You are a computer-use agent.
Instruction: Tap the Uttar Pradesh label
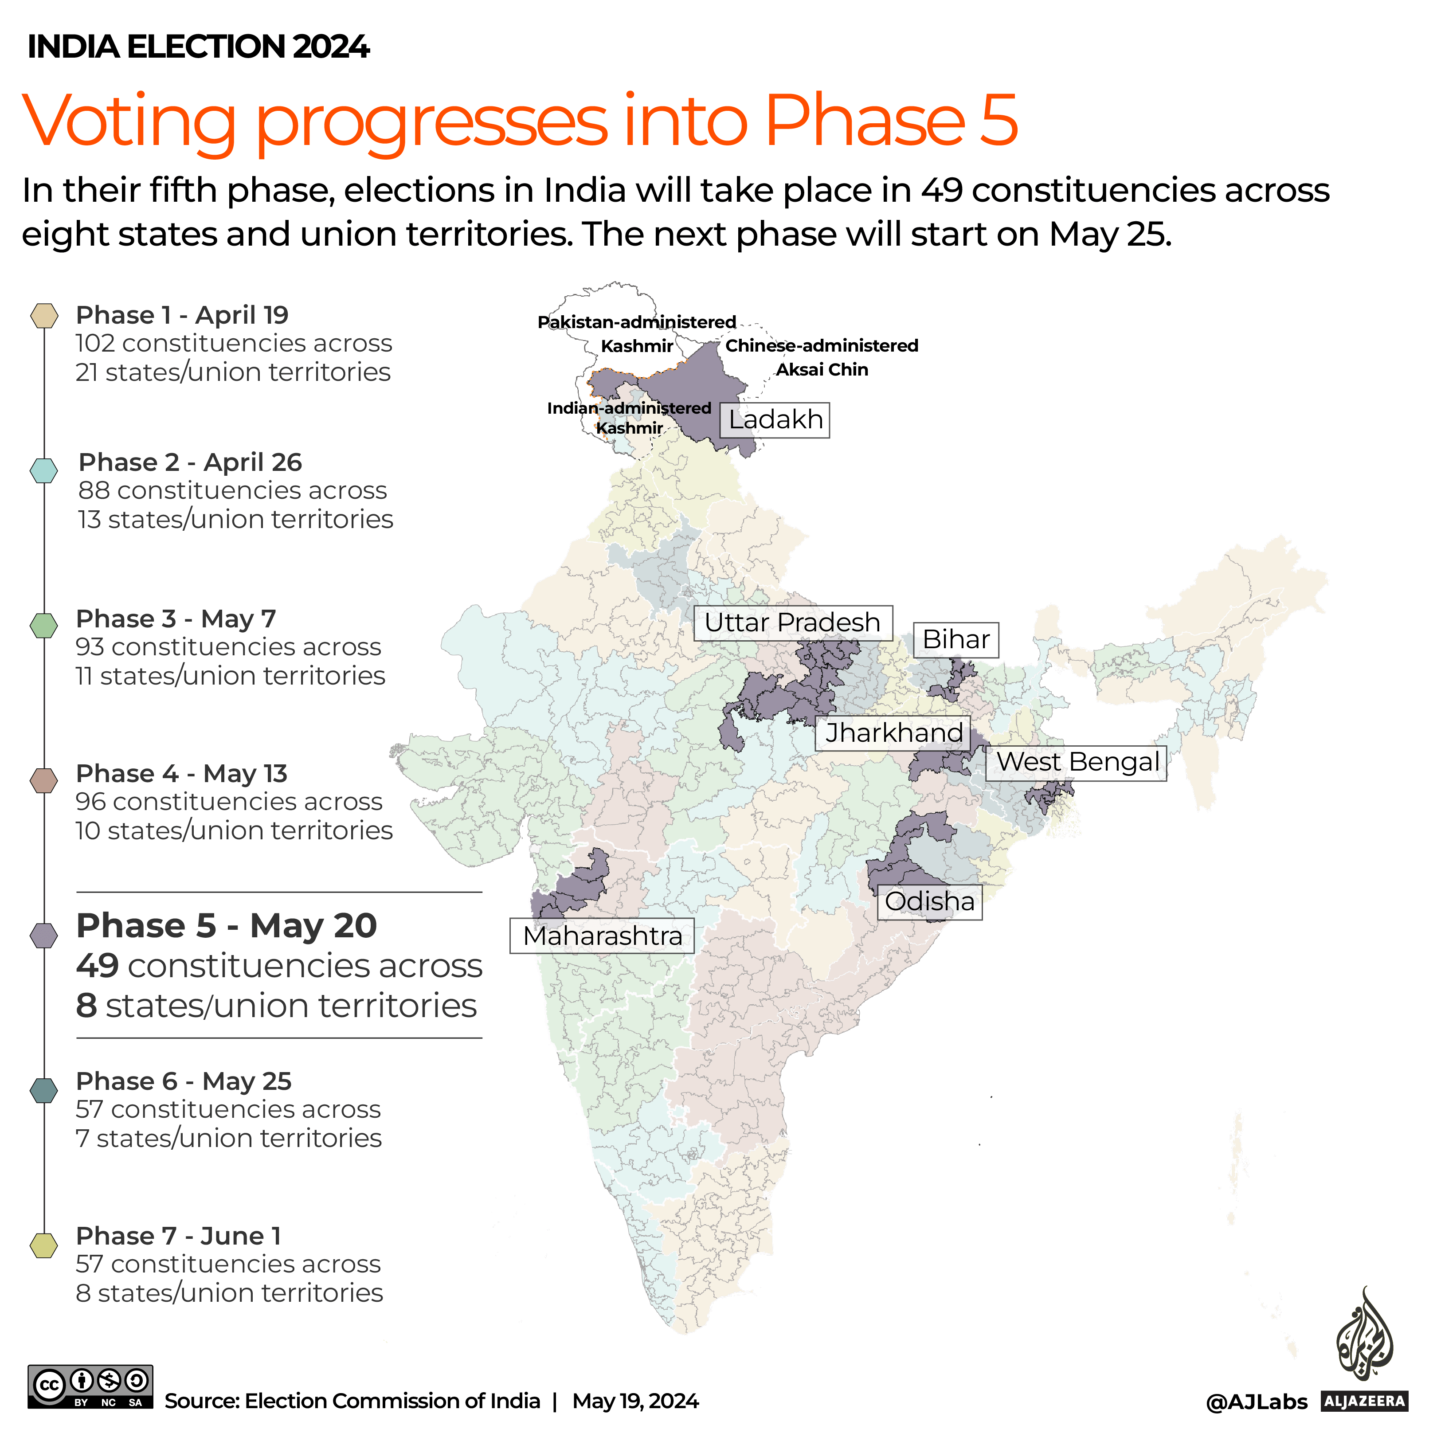click(x=793, y=623)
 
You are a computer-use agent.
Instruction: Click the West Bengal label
click(x=1076, y=762)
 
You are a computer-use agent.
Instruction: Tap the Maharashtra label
click(x=602, y=936)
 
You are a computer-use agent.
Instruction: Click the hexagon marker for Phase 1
click(x=44, y=315)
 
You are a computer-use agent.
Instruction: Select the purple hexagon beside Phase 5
click(x=44, y=935)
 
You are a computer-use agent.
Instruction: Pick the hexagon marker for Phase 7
click(x=44, y=1245)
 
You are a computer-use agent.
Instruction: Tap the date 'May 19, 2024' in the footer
click(x=635, y=1401)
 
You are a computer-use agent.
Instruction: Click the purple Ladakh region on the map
click(x=707, y=394)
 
